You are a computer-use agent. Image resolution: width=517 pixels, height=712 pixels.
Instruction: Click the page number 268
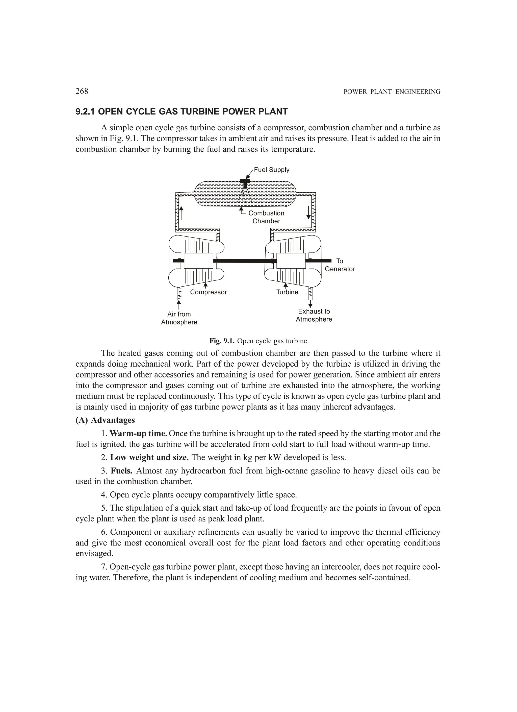(82, 91)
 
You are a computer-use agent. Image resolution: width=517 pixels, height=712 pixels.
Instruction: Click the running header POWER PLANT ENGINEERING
(392, 92)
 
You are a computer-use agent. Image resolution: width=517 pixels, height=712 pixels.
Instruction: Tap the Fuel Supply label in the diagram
(271, 170)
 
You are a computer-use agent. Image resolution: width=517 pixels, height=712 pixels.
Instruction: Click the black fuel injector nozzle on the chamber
(245, 182)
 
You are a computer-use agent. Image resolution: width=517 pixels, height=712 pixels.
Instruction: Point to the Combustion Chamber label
(266, 217)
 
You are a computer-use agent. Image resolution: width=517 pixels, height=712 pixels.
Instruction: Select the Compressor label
(208, 292)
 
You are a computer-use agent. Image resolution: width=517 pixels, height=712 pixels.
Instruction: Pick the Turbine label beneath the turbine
(287, 292)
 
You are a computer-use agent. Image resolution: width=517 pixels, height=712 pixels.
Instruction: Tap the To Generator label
(340, 265)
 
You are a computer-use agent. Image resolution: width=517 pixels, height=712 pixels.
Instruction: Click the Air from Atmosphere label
(179, 318)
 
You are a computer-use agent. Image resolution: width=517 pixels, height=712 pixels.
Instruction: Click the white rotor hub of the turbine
(291, 260)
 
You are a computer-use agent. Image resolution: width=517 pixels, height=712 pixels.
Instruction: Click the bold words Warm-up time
(138, 434)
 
